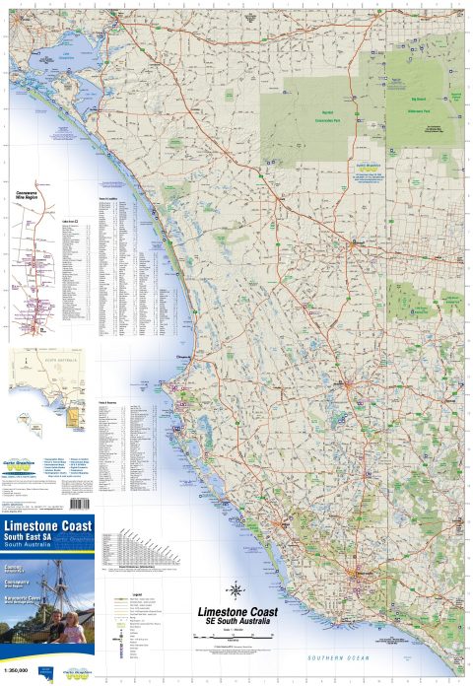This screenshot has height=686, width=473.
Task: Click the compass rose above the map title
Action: tap(236, 591)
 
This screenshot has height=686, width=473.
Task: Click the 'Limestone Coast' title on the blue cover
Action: tap(49, 527)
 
